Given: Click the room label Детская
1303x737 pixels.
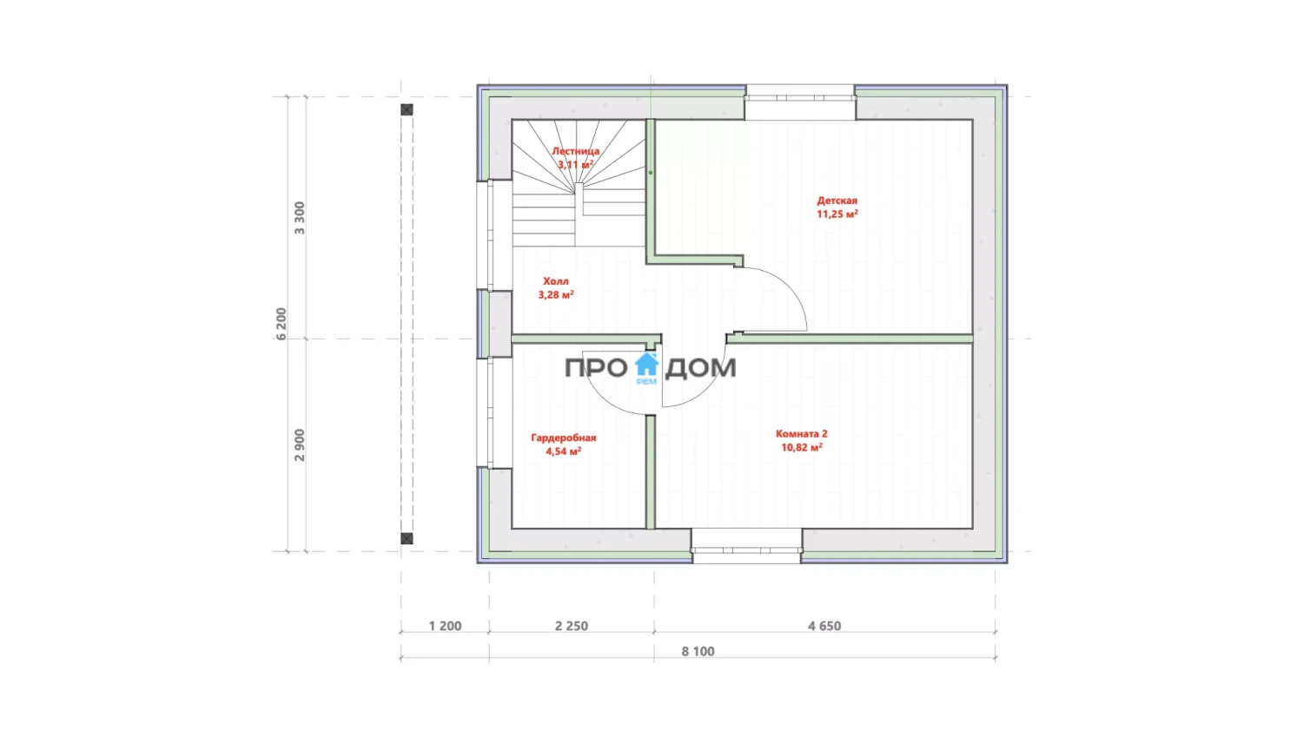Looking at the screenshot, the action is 837,201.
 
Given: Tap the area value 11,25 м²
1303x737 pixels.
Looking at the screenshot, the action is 837,214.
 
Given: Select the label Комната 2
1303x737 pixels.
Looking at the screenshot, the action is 802,433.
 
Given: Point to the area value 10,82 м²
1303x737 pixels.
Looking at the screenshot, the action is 802,447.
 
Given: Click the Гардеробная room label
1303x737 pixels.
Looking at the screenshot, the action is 564,438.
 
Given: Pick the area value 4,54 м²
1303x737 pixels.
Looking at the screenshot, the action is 564,451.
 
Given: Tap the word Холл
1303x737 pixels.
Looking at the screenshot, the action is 556,281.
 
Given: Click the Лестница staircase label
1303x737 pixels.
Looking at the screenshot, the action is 575,151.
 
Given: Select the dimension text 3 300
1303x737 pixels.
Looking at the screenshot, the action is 300,218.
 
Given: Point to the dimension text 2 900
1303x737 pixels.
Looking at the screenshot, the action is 300,445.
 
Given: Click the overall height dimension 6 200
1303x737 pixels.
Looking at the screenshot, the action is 281,324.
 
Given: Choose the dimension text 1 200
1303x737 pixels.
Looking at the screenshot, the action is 445,626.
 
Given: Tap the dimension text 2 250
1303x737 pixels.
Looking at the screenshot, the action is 572,626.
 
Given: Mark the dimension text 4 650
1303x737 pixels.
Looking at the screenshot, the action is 824,626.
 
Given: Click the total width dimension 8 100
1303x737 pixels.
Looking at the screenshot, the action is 698,652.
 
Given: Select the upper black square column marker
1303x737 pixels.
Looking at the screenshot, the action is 407,109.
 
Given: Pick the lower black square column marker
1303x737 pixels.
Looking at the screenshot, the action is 407,538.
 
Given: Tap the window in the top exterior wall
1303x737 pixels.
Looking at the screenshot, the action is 800,98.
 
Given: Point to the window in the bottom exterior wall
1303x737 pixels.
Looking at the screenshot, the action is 746,549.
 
